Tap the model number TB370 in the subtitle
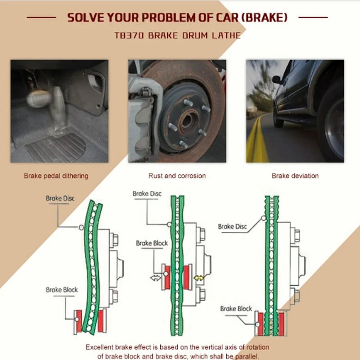(x=129, y=36)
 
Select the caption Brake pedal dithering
(x=56, y=176)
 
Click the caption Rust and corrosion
(x=177, y=176)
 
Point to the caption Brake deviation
(x=295, y=176)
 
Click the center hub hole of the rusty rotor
(x=187, y=121)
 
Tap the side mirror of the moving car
(x=276, y=80)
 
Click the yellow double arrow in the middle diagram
(x=198, y=278)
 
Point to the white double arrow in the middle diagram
(x=155, y=278)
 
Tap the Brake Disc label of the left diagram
(x=60, y=198)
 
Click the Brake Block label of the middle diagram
(x=152, y=243)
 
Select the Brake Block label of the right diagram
(x=236, y=309)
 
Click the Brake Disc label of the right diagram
(x=232, y=227)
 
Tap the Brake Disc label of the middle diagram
(x=147, y=194)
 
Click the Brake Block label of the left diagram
(x=62, y=290)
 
